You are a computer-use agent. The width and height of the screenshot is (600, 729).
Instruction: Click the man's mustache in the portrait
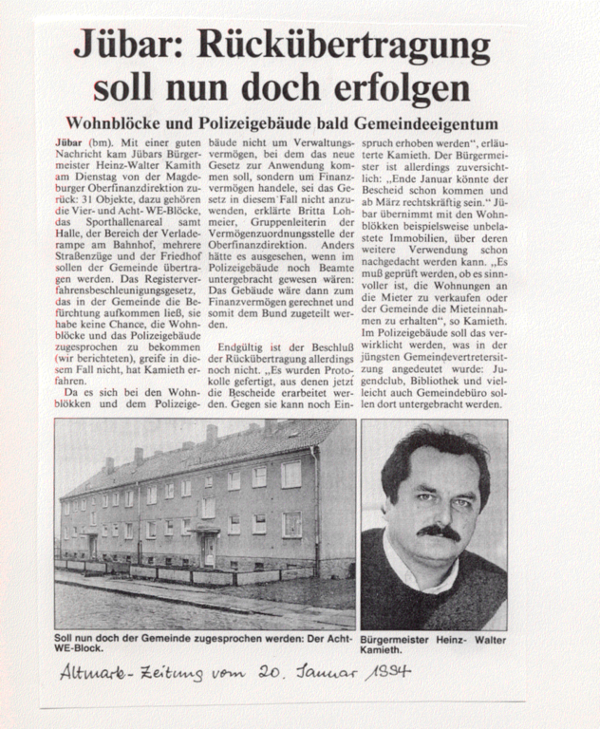click(x=438, y=533)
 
